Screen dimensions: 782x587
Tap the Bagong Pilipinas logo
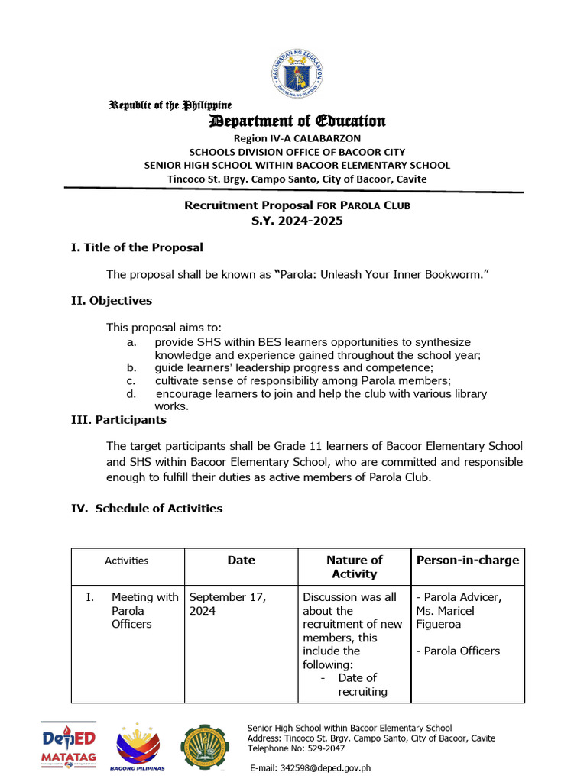(138, 748)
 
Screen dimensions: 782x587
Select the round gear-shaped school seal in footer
(204, 747)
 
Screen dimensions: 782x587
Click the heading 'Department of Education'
(298, 121)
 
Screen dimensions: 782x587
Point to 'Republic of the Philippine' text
(170, 105)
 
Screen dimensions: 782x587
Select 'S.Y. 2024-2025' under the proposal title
(297, 221)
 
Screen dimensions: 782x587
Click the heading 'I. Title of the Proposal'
(137, 247)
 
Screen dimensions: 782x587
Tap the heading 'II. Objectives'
(111, 301)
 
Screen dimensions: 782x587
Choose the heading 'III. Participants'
(118, 420)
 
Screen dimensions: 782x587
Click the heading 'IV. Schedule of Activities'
(147, 508)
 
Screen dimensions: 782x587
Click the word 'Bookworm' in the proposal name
(453, 274)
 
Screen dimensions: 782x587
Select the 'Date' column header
(241, 560)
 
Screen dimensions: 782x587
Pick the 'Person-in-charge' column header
(467, 560)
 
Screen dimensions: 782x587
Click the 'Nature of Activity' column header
(354, 567)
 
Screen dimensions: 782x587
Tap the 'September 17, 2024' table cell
(227, 604)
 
